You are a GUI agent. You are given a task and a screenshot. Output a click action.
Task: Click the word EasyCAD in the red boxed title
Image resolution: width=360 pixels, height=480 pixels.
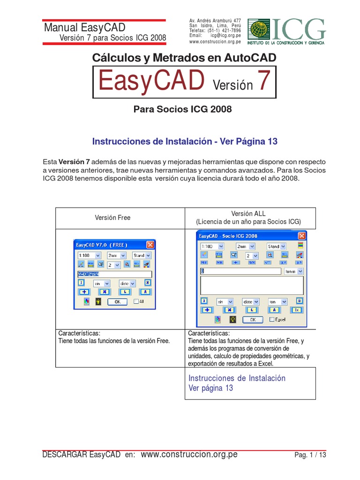[151, 82]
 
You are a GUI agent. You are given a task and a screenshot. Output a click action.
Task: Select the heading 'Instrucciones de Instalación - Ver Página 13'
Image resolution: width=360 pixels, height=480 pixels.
[185, 141]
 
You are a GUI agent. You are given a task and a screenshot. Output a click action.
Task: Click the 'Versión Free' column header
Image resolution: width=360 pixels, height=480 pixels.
[112, 217]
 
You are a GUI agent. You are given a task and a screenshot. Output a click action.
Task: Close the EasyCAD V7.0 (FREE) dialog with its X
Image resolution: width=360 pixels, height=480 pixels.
[150, 245]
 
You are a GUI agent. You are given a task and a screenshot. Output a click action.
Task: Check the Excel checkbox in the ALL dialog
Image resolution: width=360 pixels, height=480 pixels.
[272, 320]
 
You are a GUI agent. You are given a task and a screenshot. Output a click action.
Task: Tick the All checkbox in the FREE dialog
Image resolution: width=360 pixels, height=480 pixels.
[136, 302]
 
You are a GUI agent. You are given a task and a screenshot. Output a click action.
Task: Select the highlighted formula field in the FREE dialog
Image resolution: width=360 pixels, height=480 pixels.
[114, 275]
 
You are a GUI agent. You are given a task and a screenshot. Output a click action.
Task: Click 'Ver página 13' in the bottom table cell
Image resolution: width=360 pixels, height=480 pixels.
[210, 388]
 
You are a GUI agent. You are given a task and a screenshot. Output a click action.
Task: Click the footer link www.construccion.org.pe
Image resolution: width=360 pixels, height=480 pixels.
[189, 454]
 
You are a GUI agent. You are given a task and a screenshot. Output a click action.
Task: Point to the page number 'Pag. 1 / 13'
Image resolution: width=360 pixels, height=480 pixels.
[310, 455]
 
